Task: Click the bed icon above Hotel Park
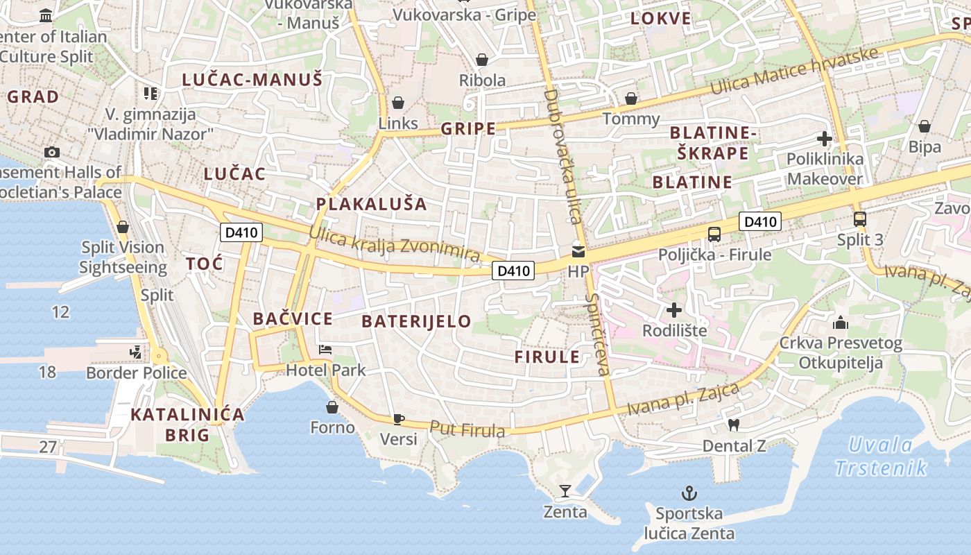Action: click(x=325, y=349)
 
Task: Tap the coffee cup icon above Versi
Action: click(x=398, y=418)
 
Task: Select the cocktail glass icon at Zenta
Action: click(x=565, y=491)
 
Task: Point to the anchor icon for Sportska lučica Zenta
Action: click(x=689, y=493)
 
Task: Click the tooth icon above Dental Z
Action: click(x=733, y=425)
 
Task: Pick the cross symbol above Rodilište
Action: click(x=673, y=309)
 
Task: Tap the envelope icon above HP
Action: click(x=578, y=251)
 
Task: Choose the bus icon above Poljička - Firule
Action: click(x=714, y=234)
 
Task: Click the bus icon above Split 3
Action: click(x=860, y=219)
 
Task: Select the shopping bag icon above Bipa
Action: click(x=925, y=126)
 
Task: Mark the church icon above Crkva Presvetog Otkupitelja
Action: click(x=841, y=323)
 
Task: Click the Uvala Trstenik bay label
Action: click(x=881, y=456)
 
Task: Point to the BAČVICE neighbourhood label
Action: click(x=293, y=318)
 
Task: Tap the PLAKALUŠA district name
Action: click(x=371, y=204)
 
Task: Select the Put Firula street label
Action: click(x=467, y=429)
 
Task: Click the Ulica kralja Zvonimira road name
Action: click(x=395, y=244)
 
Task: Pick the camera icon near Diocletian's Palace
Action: click(x=52, y=152)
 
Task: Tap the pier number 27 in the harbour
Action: click(x=48, y=446)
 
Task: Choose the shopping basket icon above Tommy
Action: click(x=631, y=99)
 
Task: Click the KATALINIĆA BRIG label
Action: click(x=187, y=425)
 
